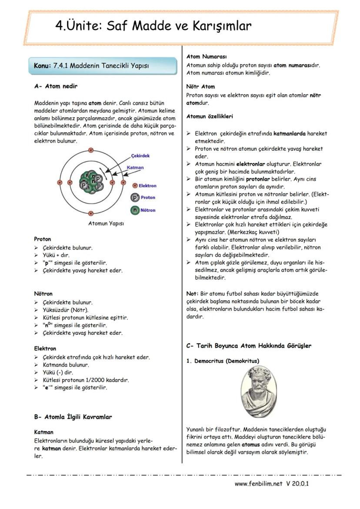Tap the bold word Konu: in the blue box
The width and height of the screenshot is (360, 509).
(x=43, y=66)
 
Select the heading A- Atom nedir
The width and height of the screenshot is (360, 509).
(x=56, y=86)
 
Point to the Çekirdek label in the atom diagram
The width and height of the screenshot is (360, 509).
(x=140, y=156)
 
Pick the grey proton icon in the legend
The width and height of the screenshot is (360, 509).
(x=135, y=197)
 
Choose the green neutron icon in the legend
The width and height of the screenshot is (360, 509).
(x=135, y=210)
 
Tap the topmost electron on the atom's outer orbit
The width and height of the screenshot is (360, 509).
(x=91, y=150)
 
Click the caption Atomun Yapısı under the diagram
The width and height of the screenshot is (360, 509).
(x=106, y=223)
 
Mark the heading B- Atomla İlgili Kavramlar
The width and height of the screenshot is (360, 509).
(x=73, y=417)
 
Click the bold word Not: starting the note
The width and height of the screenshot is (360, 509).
(x=192, y=293)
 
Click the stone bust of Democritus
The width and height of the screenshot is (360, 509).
(x=259, y=391)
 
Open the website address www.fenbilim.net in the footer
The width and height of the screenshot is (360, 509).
(x=258, y=483)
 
